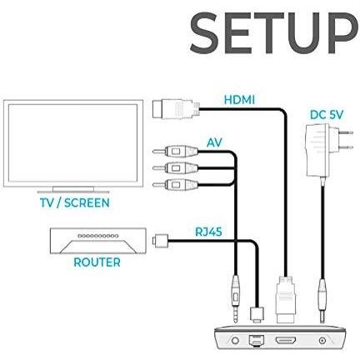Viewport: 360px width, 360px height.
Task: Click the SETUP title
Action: [x=273, y=33]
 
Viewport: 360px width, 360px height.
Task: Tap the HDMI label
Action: [x=239, y=100]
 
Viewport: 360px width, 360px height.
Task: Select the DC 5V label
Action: [x=327, y=115]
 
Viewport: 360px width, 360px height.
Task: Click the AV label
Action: [x=214, y=142]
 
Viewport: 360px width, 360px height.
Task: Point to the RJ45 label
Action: [x=208, y=232]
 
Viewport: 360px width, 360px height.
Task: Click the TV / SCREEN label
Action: [x=75, y=202]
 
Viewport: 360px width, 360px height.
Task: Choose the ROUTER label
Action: [x=97, y=262]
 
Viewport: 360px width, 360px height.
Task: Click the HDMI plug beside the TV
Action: [x=176, y=110]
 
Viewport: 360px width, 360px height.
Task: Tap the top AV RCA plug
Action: [x=175, y=152]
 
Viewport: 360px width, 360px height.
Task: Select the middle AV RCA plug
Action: [x=175, y=167]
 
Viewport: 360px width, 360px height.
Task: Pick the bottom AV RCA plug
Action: [x=175, y=184]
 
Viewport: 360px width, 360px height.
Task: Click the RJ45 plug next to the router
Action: [x=161, y=241]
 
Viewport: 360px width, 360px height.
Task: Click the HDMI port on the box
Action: [x=286, y=340]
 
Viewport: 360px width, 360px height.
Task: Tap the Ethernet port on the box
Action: [x=256, y=341]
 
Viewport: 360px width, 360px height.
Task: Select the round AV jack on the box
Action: [x=235, y=340]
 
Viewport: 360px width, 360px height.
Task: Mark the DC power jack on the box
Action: [x=322, y=340]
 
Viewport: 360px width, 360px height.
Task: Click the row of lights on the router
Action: [x=98, y=236]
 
